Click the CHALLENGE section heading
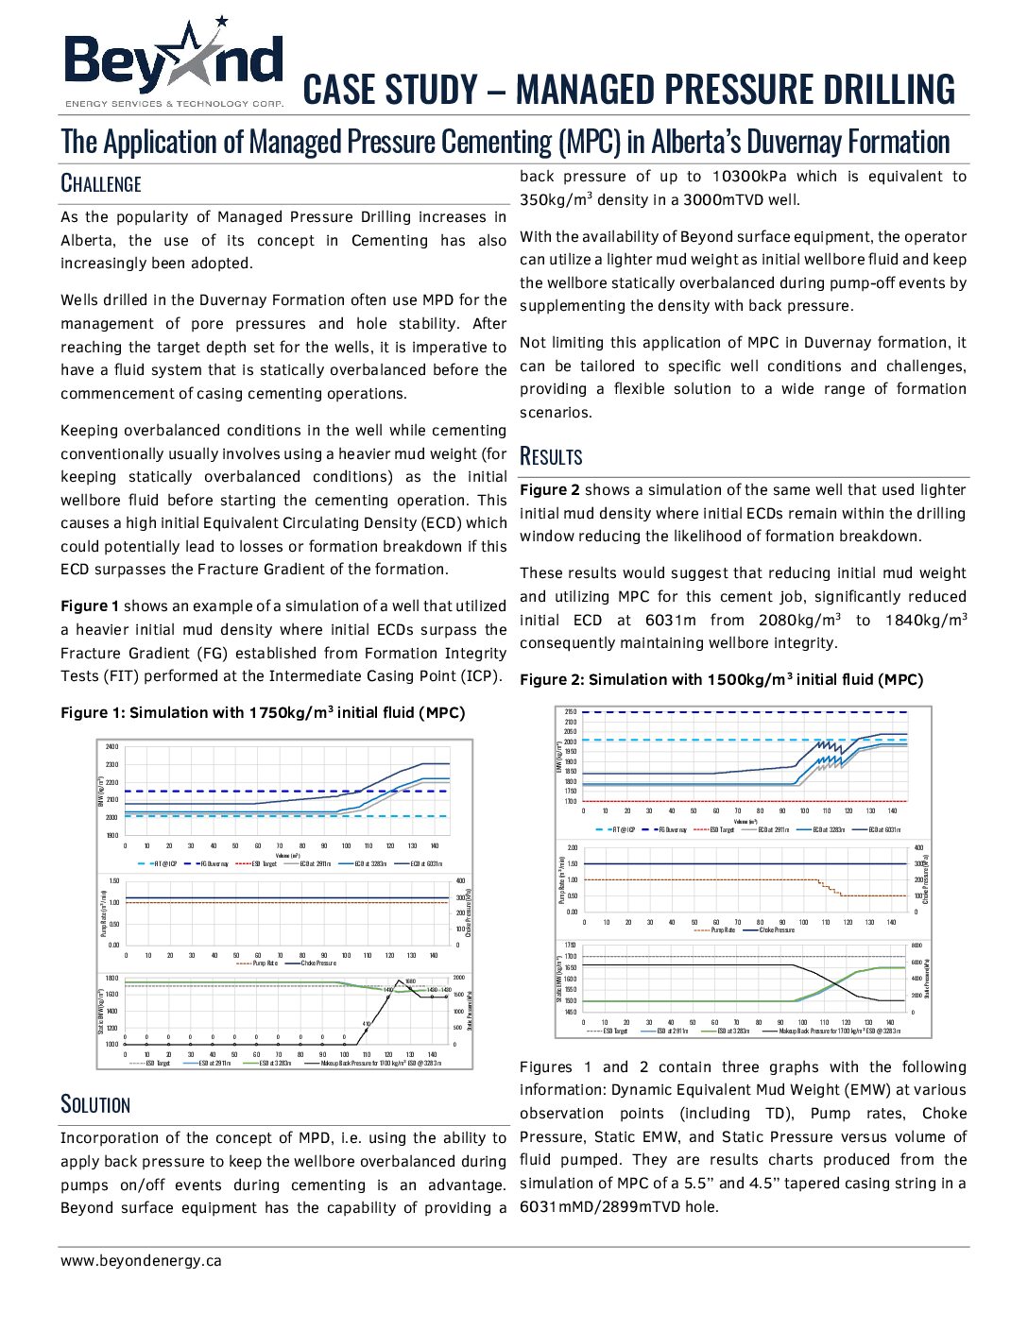[x=101, y=183]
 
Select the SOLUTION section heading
[x=95, y=1104]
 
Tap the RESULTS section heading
[x=551, y=456]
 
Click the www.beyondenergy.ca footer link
[x=141, y=1260]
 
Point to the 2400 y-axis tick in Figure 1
[x=111, y=747]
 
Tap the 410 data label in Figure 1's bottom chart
[x=367, y=1024]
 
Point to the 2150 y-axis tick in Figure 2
[x=570, y=711]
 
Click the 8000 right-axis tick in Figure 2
[x=916, y=945]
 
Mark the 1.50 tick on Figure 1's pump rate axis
[x=113, y=881]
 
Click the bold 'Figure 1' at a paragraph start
[x=90, y=606]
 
